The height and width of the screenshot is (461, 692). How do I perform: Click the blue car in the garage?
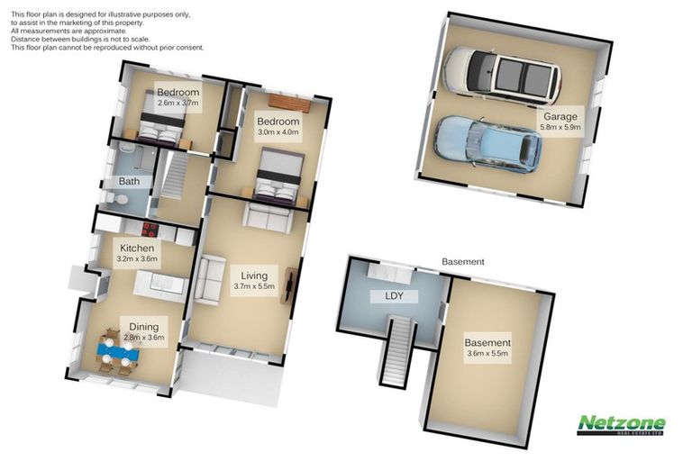coord(487,143)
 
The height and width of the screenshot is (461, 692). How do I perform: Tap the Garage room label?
coord(560,116)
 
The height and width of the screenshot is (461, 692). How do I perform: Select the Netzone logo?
coord(621,424)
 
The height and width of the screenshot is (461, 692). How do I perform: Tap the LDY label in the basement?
coord(394,296)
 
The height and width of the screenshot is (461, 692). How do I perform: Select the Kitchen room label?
coord(137,248)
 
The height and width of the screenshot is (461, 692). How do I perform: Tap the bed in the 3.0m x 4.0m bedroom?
coord(276,176)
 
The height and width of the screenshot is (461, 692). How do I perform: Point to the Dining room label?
coord(144,328)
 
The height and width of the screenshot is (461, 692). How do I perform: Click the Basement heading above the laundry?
coord(463,262)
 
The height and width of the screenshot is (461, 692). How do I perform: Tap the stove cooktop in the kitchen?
coord(150,229)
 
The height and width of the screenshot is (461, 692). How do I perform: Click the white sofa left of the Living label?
coord(208,279)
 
